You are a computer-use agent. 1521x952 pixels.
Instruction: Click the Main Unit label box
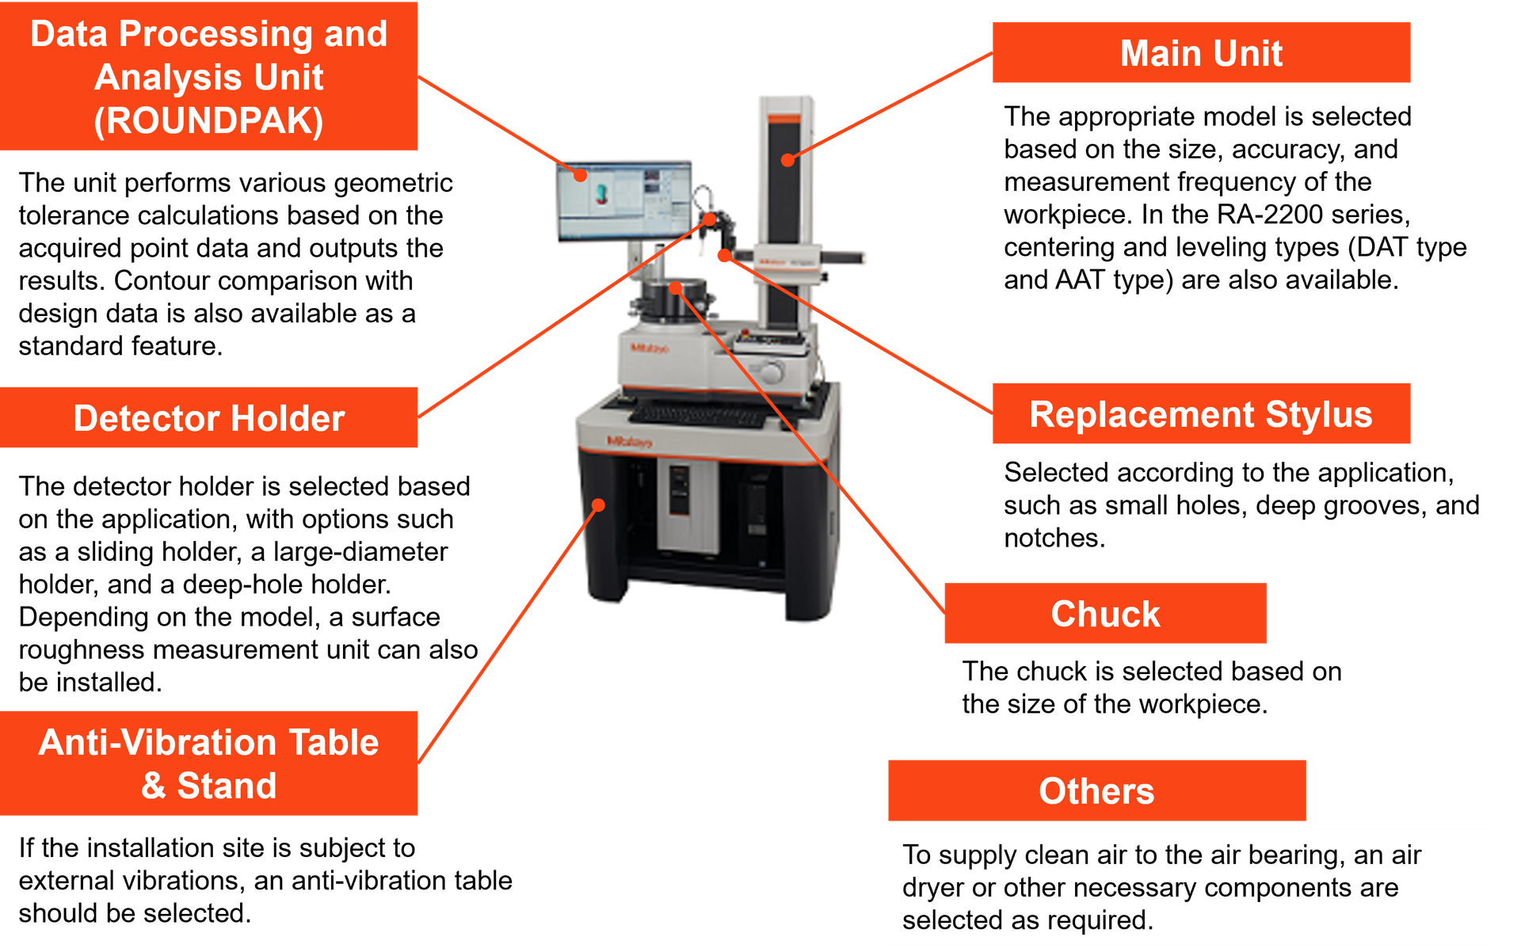pos(1201,53)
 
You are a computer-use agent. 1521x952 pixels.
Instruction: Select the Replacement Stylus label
pos(1201,414)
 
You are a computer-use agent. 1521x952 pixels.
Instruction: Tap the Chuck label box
pos(1105,614)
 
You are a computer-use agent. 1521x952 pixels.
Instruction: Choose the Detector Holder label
pos(209,417)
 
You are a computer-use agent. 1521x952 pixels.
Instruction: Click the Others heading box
pos(1096,790)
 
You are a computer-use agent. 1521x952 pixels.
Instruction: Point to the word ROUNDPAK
pos(208,121)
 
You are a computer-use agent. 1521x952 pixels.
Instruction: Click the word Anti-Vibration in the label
pos(158,743)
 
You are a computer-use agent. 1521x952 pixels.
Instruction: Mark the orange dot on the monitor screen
pos(581,175)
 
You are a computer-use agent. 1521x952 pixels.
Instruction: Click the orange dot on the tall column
pos(787,160)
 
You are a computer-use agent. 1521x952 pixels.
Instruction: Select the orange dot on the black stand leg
pos(599,505)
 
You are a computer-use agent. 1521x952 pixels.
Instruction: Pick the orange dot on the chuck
pos(675,288)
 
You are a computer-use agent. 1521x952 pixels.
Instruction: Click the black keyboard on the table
pos(697,413)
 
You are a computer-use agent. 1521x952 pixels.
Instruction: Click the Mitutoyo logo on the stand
pos(629,442)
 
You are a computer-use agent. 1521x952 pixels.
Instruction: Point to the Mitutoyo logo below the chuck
pos(650,348)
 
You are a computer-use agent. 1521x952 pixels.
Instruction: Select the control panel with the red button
pos(768,341)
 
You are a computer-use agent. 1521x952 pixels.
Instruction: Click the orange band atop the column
pos(784,120)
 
